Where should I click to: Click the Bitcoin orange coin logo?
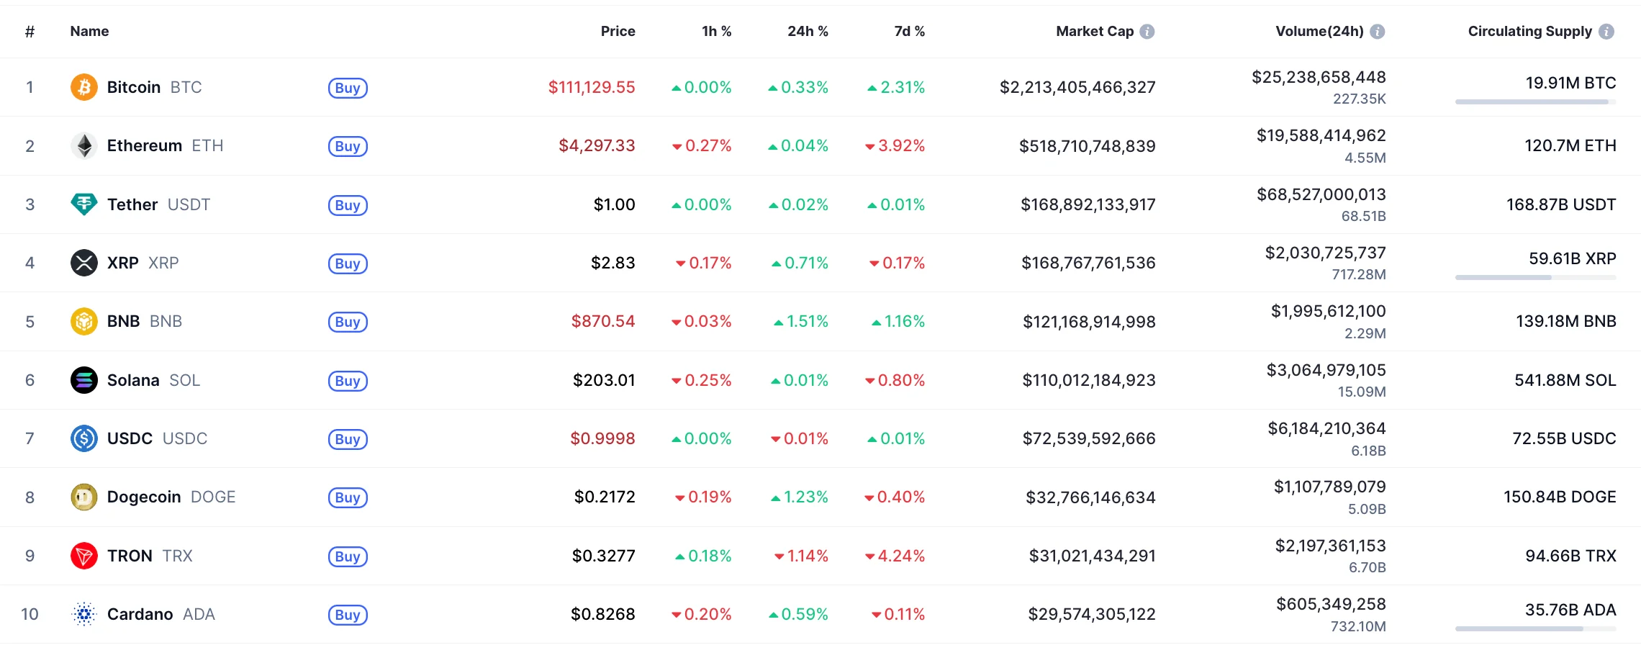pyautogui.click(x=84, y=87)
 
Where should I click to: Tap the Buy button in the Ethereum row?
pyautogui.click(x=348, y=146)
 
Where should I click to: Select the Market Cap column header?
pyautogui.click(x=1094, y=31)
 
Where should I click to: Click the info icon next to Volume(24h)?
pyautogui.click(x=1377, y=31)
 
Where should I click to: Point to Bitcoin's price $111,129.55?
pyautogui.click(x=592, y=87)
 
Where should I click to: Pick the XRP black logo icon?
pyautogui.click(x=84, y=263)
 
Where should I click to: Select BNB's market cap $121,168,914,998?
pyautogui.click(x=1089, y=322)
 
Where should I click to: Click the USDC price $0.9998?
pyautogui.click(x=602, y=438)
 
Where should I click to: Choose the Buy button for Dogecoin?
pyautogui.click(x=348, y=497)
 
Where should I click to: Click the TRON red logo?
pyautogui.click(x=84, y=556)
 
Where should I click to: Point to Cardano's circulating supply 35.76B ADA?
pyautogui.click(x=1570, y=610)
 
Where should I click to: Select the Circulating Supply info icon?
pyautogui.click(x=1606, y=31)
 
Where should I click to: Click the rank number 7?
pyautogui.click(x=30, y=438)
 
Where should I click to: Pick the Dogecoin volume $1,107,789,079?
pyautogui.click(x=1329, y=487)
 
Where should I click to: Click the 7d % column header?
pyautogui.click(x=909, y=31)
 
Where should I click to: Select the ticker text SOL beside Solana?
pyautogui.click(x=185, y=380)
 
